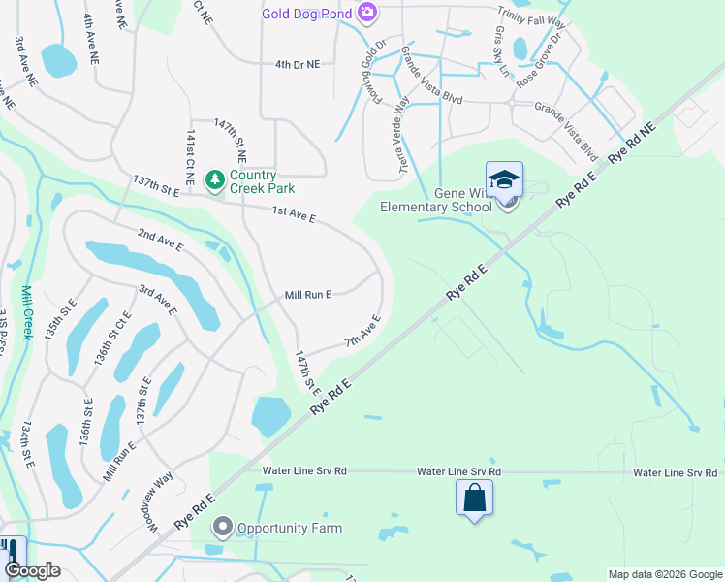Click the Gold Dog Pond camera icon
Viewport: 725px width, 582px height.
pyautogui.click(x=367, y=13)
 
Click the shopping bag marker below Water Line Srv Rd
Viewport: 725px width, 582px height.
pyautogui.click(x=475, y=499)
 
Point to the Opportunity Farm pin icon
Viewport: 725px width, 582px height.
pyautogui.click(x=222, y=528)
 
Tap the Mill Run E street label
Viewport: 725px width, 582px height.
pyautogui.click(x=308, y=294)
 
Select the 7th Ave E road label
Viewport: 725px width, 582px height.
pyautogui.click(x=363, y=331)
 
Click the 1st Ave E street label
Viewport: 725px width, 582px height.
pyautogui.click(x=294, y=213)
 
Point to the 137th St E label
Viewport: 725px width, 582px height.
pyautogui.click(x=157, y=186)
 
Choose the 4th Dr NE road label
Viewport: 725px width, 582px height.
pyautogui.click(x=297, y=64)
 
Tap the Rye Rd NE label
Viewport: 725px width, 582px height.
pyautogui.click(x=633, y=143)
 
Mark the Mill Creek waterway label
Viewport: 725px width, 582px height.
pyautogui.click(x=26, y=311)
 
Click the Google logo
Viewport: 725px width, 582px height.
pyautogui.click(x=31, y=570)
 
